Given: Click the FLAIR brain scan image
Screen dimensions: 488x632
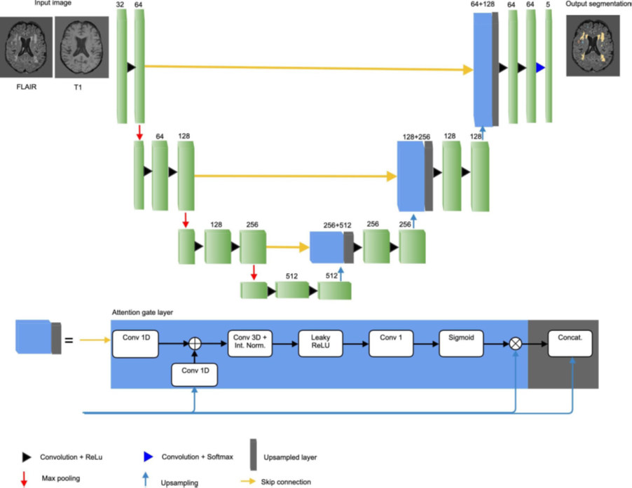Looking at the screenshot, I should point(27,47).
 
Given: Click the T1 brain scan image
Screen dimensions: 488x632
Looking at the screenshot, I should point(81,47).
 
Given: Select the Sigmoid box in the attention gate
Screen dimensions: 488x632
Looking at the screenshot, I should point(462,342).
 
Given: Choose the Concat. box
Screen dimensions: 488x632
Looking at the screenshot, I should point(570,342).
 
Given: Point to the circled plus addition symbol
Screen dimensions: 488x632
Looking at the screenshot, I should point(194,343).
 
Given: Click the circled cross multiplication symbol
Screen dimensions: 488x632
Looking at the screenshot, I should point(516,343).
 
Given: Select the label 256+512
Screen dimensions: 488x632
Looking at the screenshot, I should point(337,225).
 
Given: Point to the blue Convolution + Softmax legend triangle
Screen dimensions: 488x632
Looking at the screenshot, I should point(148,456).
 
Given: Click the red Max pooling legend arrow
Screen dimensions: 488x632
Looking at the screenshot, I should point(26,479).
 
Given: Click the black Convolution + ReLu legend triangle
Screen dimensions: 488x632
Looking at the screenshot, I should point(27,456).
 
